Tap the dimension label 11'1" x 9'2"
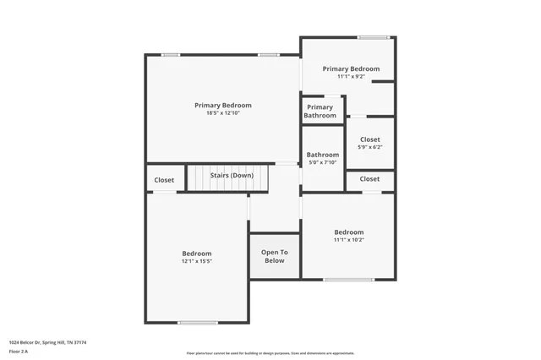click(351, 77)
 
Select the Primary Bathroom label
click(320, 112)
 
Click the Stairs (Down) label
click(226, 176)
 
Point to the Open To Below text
click(274, 256)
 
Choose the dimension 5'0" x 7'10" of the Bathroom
click(322, 162)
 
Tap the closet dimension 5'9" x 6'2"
click(369, 147)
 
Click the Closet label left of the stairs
click(164, 180)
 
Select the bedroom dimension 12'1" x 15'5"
click(197, 261)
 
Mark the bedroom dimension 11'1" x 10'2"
click(348, 240)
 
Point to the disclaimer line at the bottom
click(270, 353)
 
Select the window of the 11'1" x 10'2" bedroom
click(348, 280)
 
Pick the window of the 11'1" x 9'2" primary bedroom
click(373, 37)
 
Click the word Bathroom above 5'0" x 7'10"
click(322, 155)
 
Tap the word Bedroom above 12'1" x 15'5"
click(197, 254)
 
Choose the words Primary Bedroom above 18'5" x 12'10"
click(222, 106)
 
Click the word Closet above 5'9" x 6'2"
click(369, 139)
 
